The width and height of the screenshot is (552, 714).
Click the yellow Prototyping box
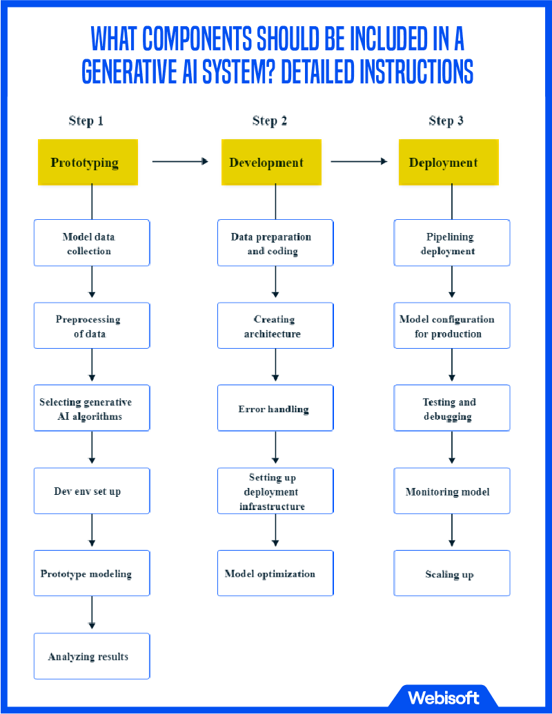(x=88, y=163)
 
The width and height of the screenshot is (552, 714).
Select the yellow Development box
(x=271, y=163)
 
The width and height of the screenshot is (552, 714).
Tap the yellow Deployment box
(x=448, y=163)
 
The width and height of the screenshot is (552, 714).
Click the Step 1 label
(x=86, y=121)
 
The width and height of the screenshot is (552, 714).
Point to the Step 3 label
(x=446, y=121)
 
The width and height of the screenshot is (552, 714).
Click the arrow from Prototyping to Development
(x=179, y=162)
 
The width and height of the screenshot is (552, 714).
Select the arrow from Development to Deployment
(x=359, y=162)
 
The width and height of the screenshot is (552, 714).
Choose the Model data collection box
(x=92, y=243)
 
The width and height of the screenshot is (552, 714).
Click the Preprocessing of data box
(x=92, y=326)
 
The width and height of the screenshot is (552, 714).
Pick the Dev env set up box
(x=92, y=491)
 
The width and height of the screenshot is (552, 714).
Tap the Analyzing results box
(x=92, y=656)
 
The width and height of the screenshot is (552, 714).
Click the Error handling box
(x=275, y=409)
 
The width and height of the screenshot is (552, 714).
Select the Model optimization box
(x=275, y=573)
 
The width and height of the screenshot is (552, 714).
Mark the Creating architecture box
(x=275, y=326)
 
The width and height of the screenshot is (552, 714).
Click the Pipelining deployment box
(x=452, y=243)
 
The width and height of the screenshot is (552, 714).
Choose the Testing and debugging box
(x=452, y=409)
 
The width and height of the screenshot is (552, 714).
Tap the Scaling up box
(x=452, y=573)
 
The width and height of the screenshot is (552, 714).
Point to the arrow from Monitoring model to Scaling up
(x=452, y=531)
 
